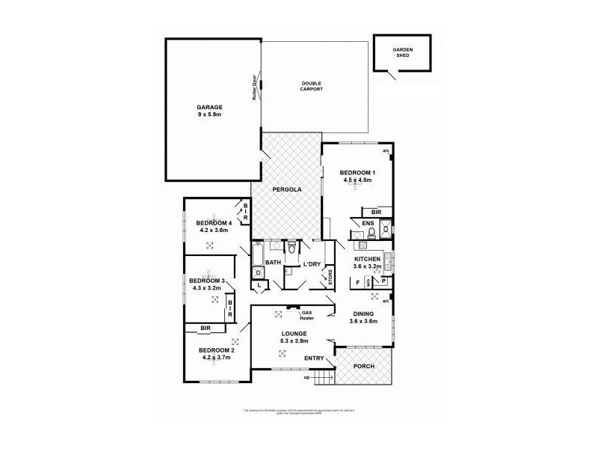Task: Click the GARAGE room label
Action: tap(209, 107)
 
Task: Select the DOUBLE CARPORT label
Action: tap(312, 86)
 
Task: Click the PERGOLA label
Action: tap(286, 190)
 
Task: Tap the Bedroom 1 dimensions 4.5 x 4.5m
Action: tap(357, 180)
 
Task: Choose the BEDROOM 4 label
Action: tap(214, 223)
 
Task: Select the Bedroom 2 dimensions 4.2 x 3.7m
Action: tap(216, 358)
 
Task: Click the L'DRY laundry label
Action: tap(312, 264)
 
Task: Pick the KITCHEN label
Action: tap(367, 258)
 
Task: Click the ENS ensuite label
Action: tap(368, 223)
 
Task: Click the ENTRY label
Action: tap(314, 359)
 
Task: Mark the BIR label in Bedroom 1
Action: tap(375, 212)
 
